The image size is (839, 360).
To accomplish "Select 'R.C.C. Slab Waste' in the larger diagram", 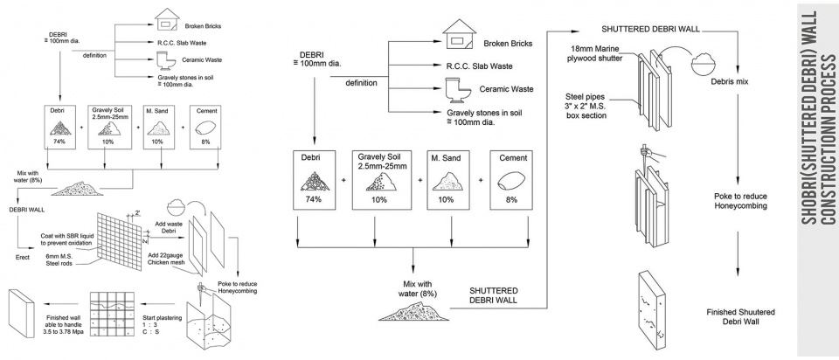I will (x=480, y=65).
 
